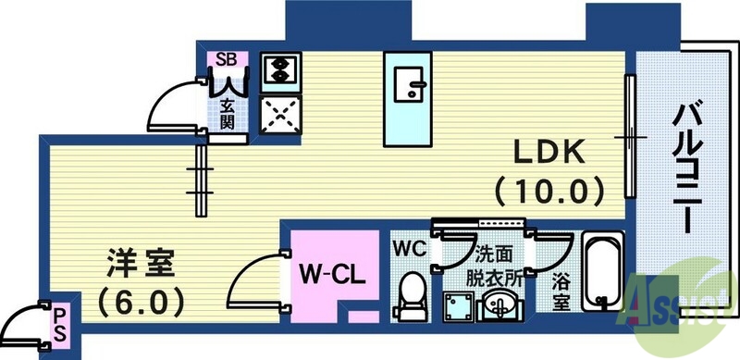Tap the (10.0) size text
pos(549,191)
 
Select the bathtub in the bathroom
pos(603,273)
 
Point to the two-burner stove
pos(277,69)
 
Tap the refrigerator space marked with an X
pos(277,116)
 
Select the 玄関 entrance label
pos(227,113)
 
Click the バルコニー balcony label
pos(685,167)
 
